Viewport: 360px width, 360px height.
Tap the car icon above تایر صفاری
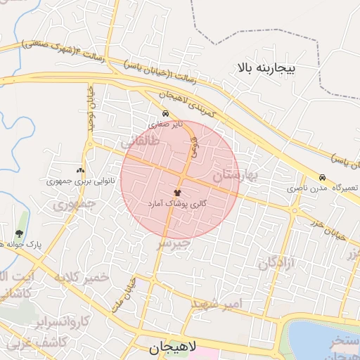coord(165,113)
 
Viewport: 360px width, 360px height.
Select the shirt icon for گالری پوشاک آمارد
coord(176,191)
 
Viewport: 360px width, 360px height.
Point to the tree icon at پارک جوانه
coord(19,233)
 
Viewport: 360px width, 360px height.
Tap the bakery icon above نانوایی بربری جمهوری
coord(79,170)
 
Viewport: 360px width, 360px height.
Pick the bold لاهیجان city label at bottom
coord(176,347)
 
